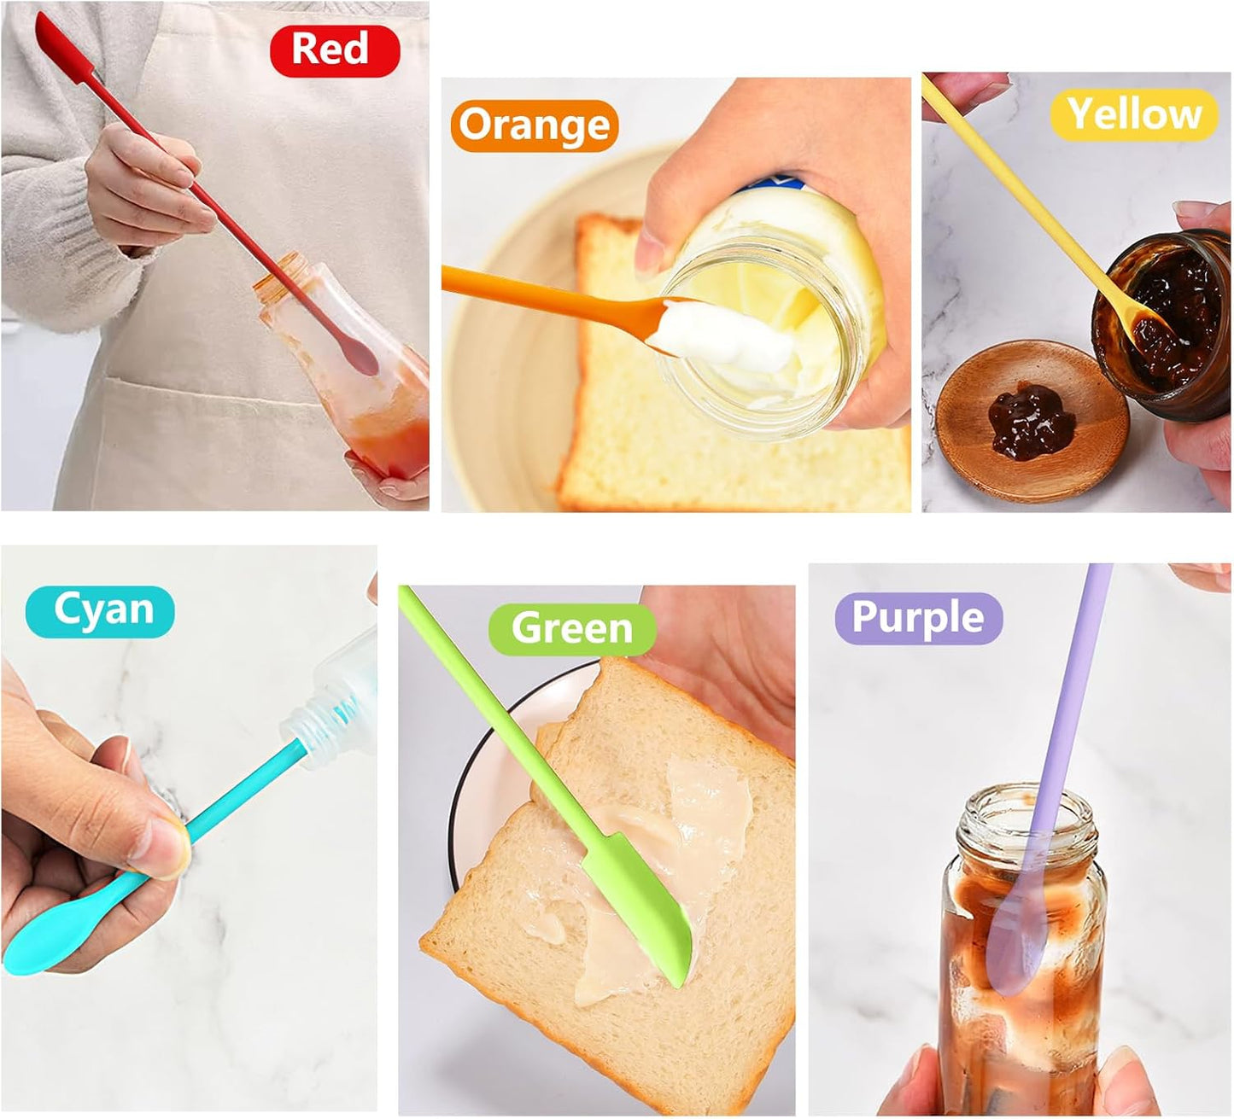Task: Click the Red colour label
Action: pos(335,50)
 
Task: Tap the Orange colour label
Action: pos(534,126)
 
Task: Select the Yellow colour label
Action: pos(1132,114)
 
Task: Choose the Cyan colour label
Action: pos(100,611)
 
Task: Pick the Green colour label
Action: pos(571,629)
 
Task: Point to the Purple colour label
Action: pos(918,618)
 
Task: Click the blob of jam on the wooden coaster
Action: pos(1030,418)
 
